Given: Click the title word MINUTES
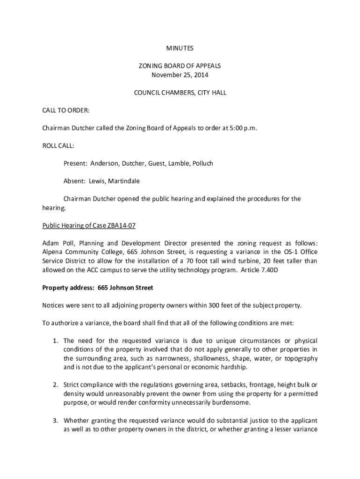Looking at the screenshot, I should click(x=180, y=48).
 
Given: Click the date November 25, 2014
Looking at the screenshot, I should click(x=180, y=75).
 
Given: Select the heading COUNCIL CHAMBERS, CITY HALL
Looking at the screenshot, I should click(x=180, y=93).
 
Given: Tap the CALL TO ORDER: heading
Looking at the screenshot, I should click(x=66, y=110).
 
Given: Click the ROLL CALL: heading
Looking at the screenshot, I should click(x=58, y=146).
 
